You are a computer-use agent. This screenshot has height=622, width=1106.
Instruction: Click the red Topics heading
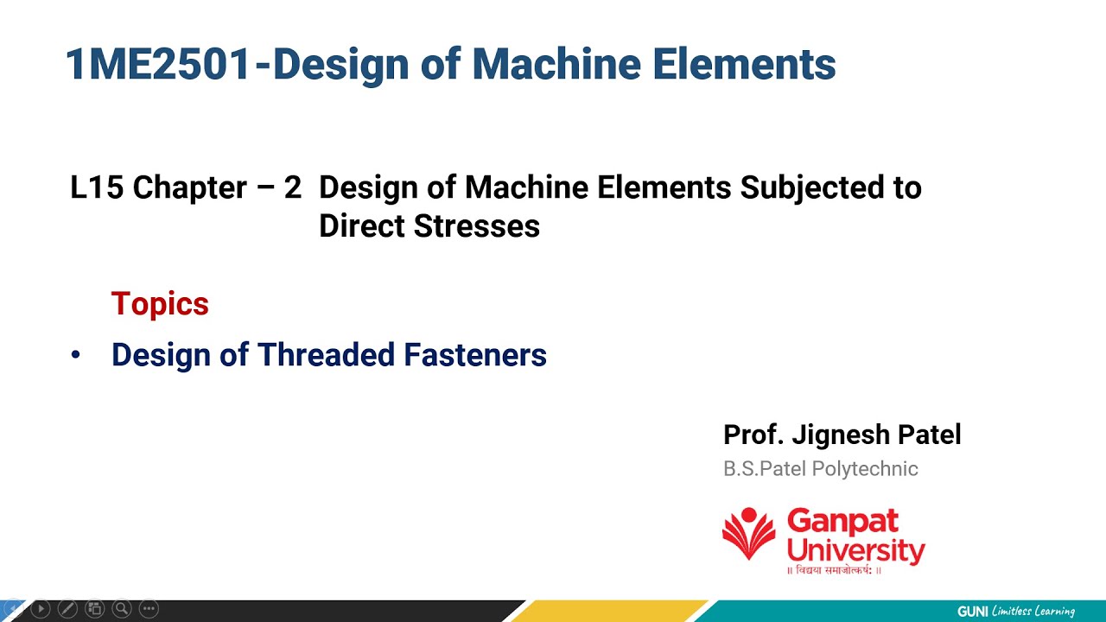pos(160,304)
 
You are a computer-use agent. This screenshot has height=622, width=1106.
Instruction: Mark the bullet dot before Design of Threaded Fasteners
pos(76,355)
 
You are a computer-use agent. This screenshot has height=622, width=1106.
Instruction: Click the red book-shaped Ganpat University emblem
pos(748,533)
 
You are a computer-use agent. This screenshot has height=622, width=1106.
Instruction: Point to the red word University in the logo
pos(855,549)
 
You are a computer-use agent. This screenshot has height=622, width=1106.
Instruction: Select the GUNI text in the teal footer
pos(972,612)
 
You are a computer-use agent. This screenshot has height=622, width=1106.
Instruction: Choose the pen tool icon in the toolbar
pos(67,609)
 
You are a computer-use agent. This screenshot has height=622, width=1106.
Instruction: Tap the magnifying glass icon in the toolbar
pos(122,609)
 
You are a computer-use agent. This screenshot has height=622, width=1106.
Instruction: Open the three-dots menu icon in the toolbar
pos(149,609)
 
